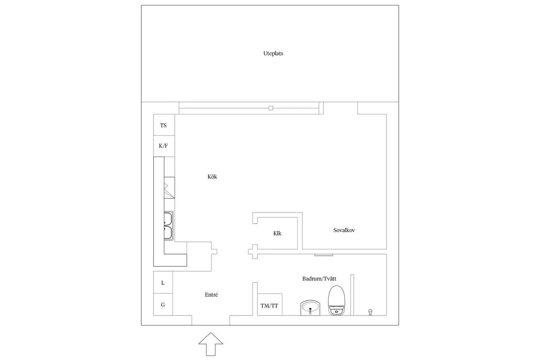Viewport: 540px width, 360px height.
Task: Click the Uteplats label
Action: (273, 53)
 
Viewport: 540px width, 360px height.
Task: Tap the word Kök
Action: (212, 176)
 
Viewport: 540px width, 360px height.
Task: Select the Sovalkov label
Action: (344, 230)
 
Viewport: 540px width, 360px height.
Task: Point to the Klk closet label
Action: (277, 233)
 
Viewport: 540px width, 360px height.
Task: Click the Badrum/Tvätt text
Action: (319, 279)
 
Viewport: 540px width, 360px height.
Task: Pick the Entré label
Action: (211, 295)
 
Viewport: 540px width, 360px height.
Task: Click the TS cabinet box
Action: (164, 125)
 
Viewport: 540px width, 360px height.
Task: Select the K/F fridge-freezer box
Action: (164, 146)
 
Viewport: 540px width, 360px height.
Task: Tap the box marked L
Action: (163, 282)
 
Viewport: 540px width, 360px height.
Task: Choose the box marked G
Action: (163, 305)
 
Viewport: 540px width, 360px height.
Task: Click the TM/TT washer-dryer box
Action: (270, 304)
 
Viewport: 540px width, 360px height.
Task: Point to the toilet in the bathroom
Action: (337, 300)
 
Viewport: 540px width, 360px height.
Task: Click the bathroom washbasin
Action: (310, 308)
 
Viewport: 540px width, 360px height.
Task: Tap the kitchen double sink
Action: (168, 226)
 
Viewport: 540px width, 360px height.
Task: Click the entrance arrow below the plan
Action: (211, 344)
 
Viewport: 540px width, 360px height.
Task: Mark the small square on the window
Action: (271, 108)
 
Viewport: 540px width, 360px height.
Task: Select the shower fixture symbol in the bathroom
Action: (370, 312)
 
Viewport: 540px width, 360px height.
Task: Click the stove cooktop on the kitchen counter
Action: (170, 187)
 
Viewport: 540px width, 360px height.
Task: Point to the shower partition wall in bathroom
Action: (352, 295)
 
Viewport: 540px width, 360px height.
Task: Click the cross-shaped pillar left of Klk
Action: (253, 252)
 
